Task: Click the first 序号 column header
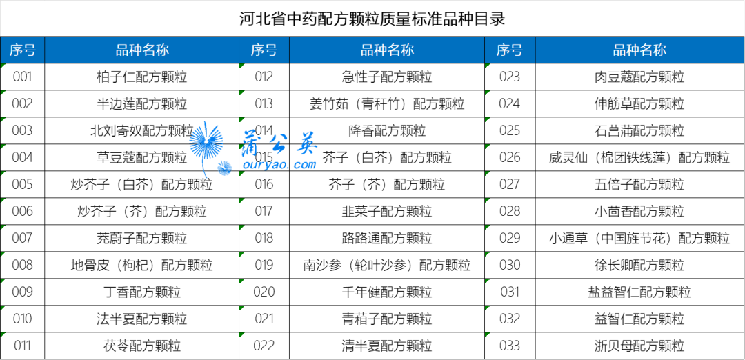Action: [22, 50]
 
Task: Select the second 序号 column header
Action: [264, 50]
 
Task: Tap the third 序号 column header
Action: [509, 50]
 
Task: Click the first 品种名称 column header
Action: [142, 50]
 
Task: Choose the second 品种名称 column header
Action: [387, 50]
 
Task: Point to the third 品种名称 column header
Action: [639, 50]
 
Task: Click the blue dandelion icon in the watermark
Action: [206, 141]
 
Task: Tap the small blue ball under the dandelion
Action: [224, 168]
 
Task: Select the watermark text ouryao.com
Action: [279, 166]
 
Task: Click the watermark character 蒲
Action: [252, 143]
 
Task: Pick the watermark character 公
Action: [279, 143]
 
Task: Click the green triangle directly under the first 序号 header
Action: [3, 66]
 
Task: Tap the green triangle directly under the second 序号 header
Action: [241, 66]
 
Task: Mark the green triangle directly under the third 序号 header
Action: [487, 66]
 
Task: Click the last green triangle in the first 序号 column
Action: [3, 335]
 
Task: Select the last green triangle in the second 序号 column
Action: [241, 335]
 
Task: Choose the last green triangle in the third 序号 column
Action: [487, 335]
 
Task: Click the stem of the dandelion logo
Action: [204, 168]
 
